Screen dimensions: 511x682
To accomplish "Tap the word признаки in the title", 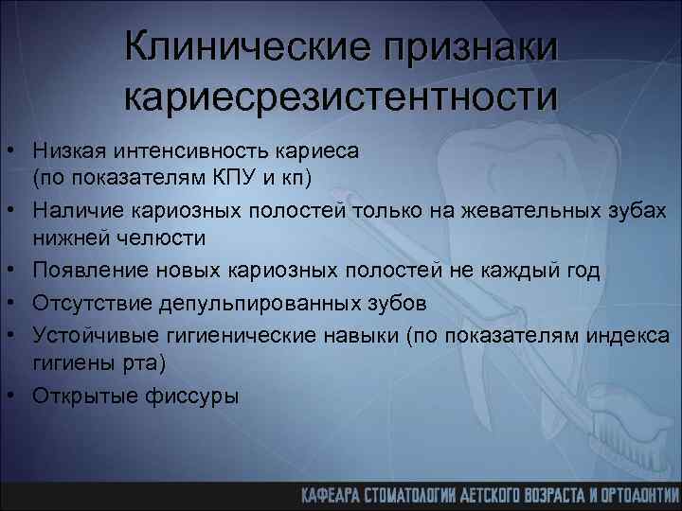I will pyautogui.click(x=467, y=47).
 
